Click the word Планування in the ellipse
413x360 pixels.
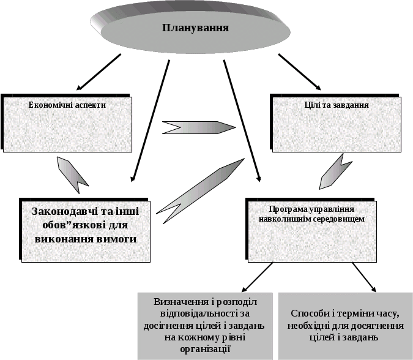point(196,28)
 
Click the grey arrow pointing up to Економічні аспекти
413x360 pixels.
point(72,171)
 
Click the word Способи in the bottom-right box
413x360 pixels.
point(311,313)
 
